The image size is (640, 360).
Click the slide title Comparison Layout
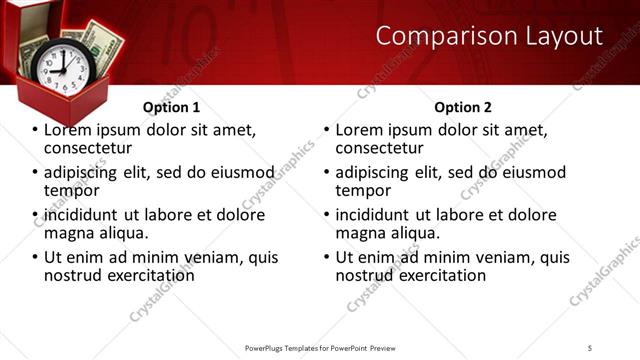[x=489, y=37]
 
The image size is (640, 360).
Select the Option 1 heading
[x=171, y=107]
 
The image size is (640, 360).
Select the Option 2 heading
[x=463, y=107]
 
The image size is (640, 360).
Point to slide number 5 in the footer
[x=590, y=347]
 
